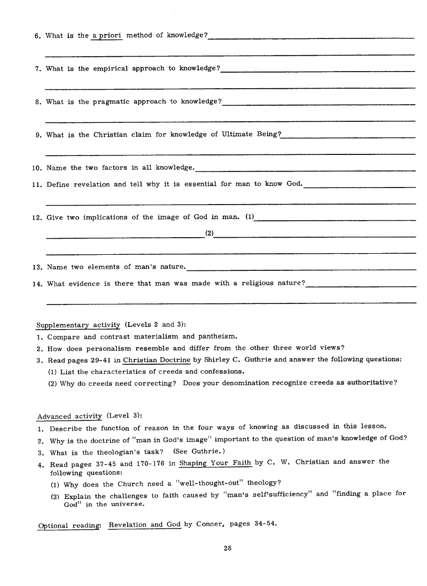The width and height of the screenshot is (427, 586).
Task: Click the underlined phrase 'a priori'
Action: tap(107, 36)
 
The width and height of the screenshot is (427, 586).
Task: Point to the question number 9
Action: tap(38, 135)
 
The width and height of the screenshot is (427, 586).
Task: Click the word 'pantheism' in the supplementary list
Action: tap(218, 337)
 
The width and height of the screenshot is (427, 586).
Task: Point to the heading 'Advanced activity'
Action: tap(69, 416)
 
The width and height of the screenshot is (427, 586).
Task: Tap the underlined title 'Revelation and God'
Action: tap(145, 524)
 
